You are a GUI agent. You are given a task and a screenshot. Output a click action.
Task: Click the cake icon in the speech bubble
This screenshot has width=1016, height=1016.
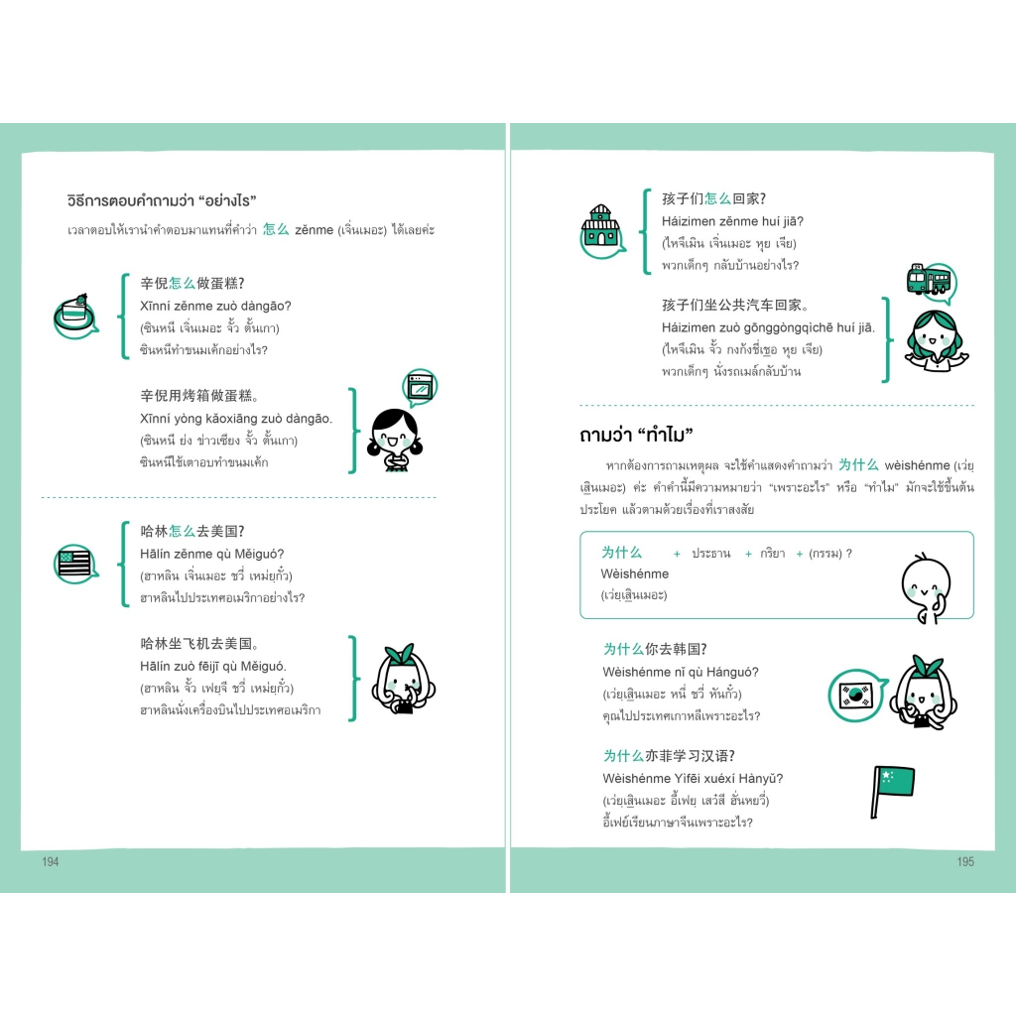click(x=75, y=317)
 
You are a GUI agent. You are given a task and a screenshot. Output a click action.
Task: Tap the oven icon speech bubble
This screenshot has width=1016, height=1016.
click(x=420, y=388)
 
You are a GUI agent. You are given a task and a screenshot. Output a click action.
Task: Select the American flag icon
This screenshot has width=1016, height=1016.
click(x=75, y=564)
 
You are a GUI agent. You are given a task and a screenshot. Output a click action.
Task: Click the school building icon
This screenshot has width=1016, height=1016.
click(x=602, y=231)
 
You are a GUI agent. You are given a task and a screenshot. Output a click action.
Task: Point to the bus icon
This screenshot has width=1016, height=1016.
click(x=931, y=282)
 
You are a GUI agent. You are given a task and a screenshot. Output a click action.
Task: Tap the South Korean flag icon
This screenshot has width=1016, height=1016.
click(x=856, y=696)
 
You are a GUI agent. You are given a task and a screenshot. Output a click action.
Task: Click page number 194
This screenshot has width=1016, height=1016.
click(x=50, y=862)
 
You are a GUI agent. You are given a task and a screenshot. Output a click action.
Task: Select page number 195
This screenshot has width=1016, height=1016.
click(x=965, y=862)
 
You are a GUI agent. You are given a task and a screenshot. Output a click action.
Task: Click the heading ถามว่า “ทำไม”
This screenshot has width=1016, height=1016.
click(x=636, y=435)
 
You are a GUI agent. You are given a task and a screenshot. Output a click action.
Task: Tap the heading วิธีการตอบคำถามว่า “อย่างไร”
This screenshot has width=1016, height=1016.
click(x=162, y=200)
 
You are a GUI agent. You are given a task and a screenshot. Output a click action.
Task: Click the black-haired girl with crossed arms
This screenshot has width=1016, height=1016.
click(x=395, y=440)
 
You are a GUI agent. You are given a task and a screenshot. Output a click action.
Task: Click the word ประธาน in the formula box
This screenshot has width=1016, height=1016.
click(x=710, y=554)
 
